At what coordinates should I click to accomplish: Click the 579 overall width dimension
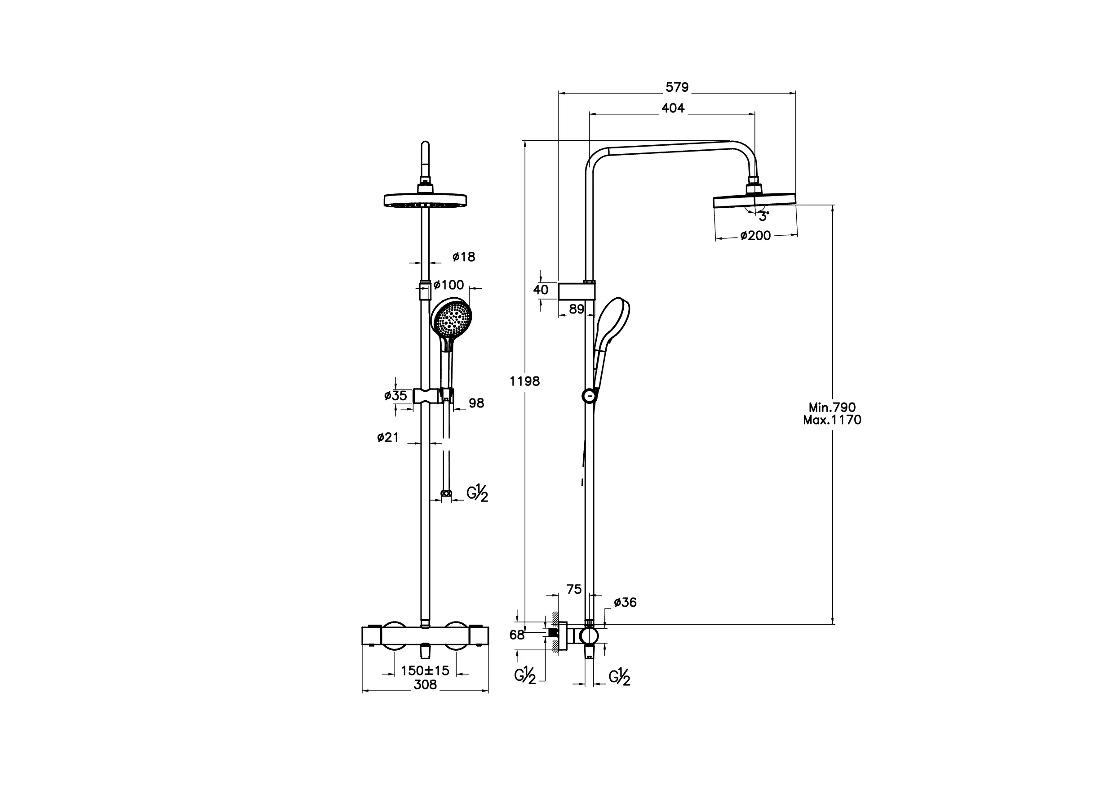point(677,87)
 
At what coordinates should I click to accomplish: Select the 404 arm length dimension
point(673,108)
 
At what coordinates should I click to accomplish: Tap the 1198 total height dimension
point(524,382)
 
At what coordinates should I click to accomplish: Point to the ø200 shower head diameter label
point(755,236)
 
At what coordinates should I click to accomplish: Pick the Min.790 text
point(832,407)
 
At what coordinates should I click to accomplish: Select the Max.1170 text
point(832,420)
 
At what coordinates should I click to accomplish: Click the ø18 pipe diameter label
point(464,257)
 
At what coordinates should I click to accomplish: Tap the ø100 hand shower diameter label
point(449,285)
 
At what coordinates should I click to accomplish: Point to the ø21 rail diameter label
point(388,438)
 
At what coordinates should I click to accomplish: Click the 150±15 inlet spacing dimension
point(425,671)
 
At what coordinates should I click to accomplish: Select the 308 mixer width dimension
point(425,684)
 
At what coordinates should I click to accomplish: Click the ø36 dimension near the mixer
point(625,603)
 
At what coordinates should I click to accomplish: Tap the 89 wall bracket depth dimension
point(577,309)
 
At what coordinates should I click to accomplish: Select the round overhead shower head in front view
point(425,200)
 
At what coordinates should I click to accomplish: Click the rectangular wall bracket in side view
point(577,292)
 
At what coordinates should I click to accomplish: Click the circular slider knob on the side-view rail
point(589,396)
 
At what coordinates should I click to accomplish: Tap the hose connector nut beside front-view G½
point(446,494)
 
